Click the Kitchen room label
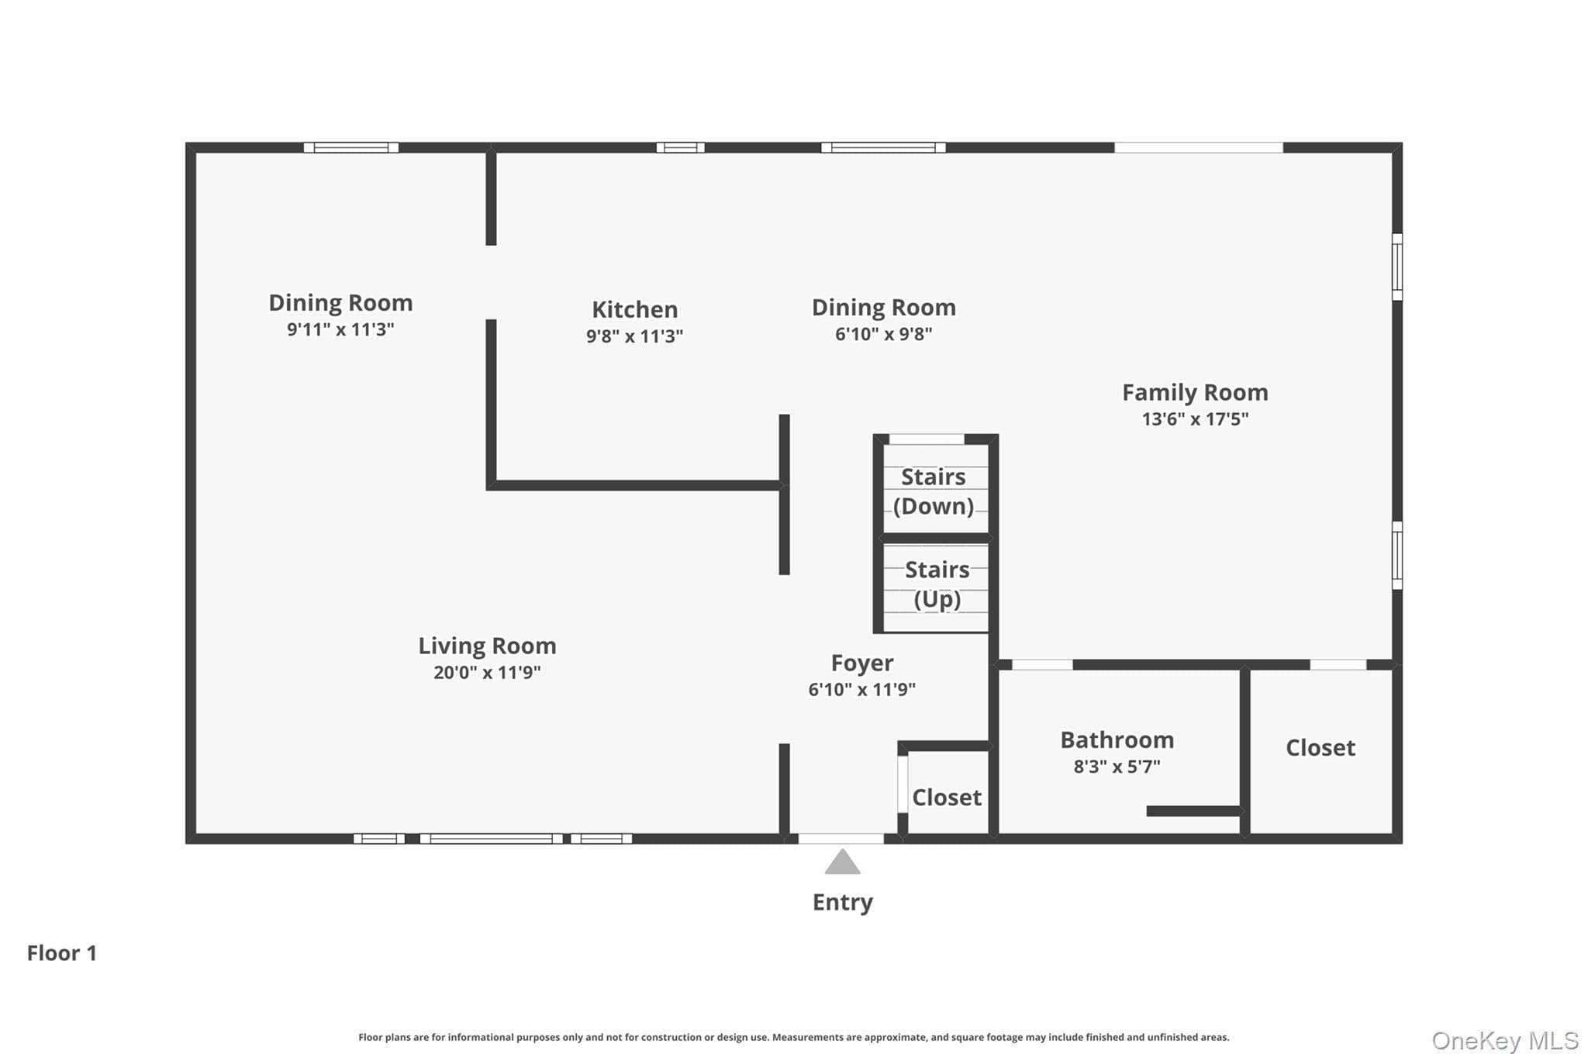click(x=634, y=309)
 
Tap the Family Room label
click(x=1195, y=393)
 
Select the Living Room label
click(x=487, y=646)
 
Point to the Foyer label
click(x=861, y=663)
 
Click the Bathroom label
click(x=1117, y=740)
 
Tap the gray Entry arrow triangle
click(x=842, y=862)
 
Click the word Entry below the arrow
click(x=842, y=902)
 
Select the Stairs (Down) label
click(x=934, y=491)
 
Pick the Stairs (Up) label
click(x=937, y=584)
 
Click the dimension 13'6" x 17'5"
click(x=1195, y=419)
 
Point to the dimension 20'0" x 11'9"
click(x=487, y=672)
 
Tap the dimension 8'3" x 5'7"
click(x=1117, y=767)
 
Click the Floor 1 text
click(x=62, y=953)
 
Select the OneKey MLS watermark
click(x=1505, y=1040)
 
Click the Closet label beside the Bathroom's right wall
click(x=1320, y=748)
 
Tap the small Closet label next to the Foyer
click(x=947, y=798)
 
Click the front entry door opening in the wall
click(x=841, y=839)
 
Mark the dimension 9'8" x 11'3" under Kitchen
click(x=634, y=336)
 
